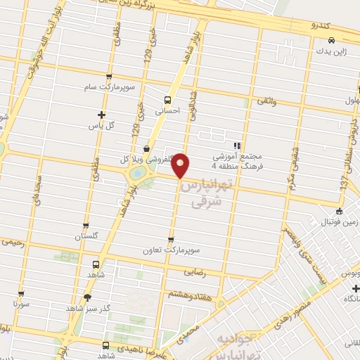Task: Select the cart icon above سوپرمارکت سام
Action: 108,77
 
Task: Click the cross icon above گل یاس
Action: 103,115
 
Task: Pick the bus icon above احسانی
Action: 168,99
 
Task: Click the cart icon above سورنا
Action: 22,294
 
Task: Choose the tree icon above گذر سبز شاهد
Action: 87,297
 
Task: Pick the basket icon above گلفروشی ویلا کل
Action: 146,148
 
